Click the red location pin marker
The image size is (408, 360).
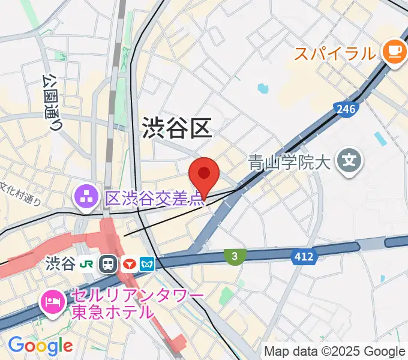coord(203,175)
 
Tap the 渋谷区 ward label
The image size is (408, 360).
coord(176,128)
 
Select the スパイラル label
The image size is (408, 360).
coord(334,53)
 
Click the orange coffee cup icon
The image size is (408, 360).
coord(394,51)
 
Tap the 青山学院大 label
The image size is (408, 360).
coord(290,162)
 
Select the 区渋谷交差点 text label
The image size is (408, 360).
coord(155,198)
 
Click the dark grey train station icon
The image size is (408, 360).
coord(109,264)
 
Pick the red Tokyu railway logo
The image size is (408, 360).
coord(128,264)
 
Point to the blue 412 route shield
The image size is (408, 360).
coord(303,257)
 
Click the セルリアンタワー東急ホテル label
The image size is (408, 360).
coord(137,304)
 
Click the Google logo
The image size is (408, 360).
coord(40,345)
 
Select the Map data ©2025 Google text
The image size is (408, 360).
coord(335,351)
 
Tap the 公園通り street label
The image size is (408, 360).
coord(52,102)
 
